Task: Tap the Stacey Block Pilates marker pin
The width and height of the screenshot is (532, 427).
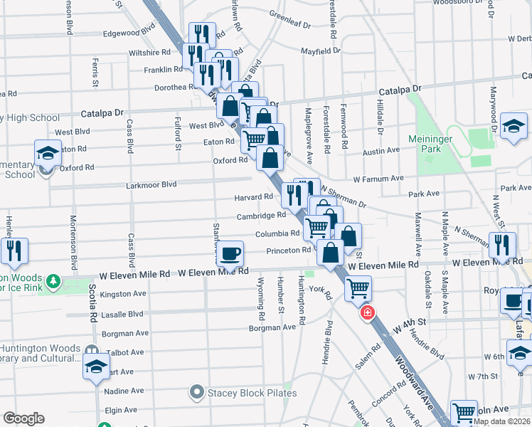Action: [x=196, y=391]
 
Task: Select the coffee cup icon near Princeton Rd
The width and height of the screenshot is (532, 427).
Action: [x=230, y=253]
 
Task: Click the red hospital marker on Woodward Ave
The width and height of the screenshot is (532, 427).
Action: [x=367, y=312]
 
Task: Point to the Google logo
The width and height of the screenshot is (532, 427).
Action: [x=23, y=418]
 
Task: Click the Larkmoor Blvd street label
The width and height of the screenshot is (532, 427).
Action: [x=150, y=184]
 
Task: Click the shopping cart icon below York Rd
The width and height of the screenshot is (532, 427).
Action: [x=357, y=288]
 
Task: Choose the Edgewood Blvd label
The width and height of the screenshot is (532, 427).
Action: [x=129, y=33]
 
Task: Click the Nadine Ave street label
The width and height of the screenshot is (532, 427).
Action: [x=124, y=391]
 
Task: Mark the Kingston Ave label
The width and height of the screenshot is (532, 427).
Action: [x=123, y=293]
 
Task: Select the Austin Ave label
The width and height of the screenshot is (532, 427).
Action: [x=381, y=151]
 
